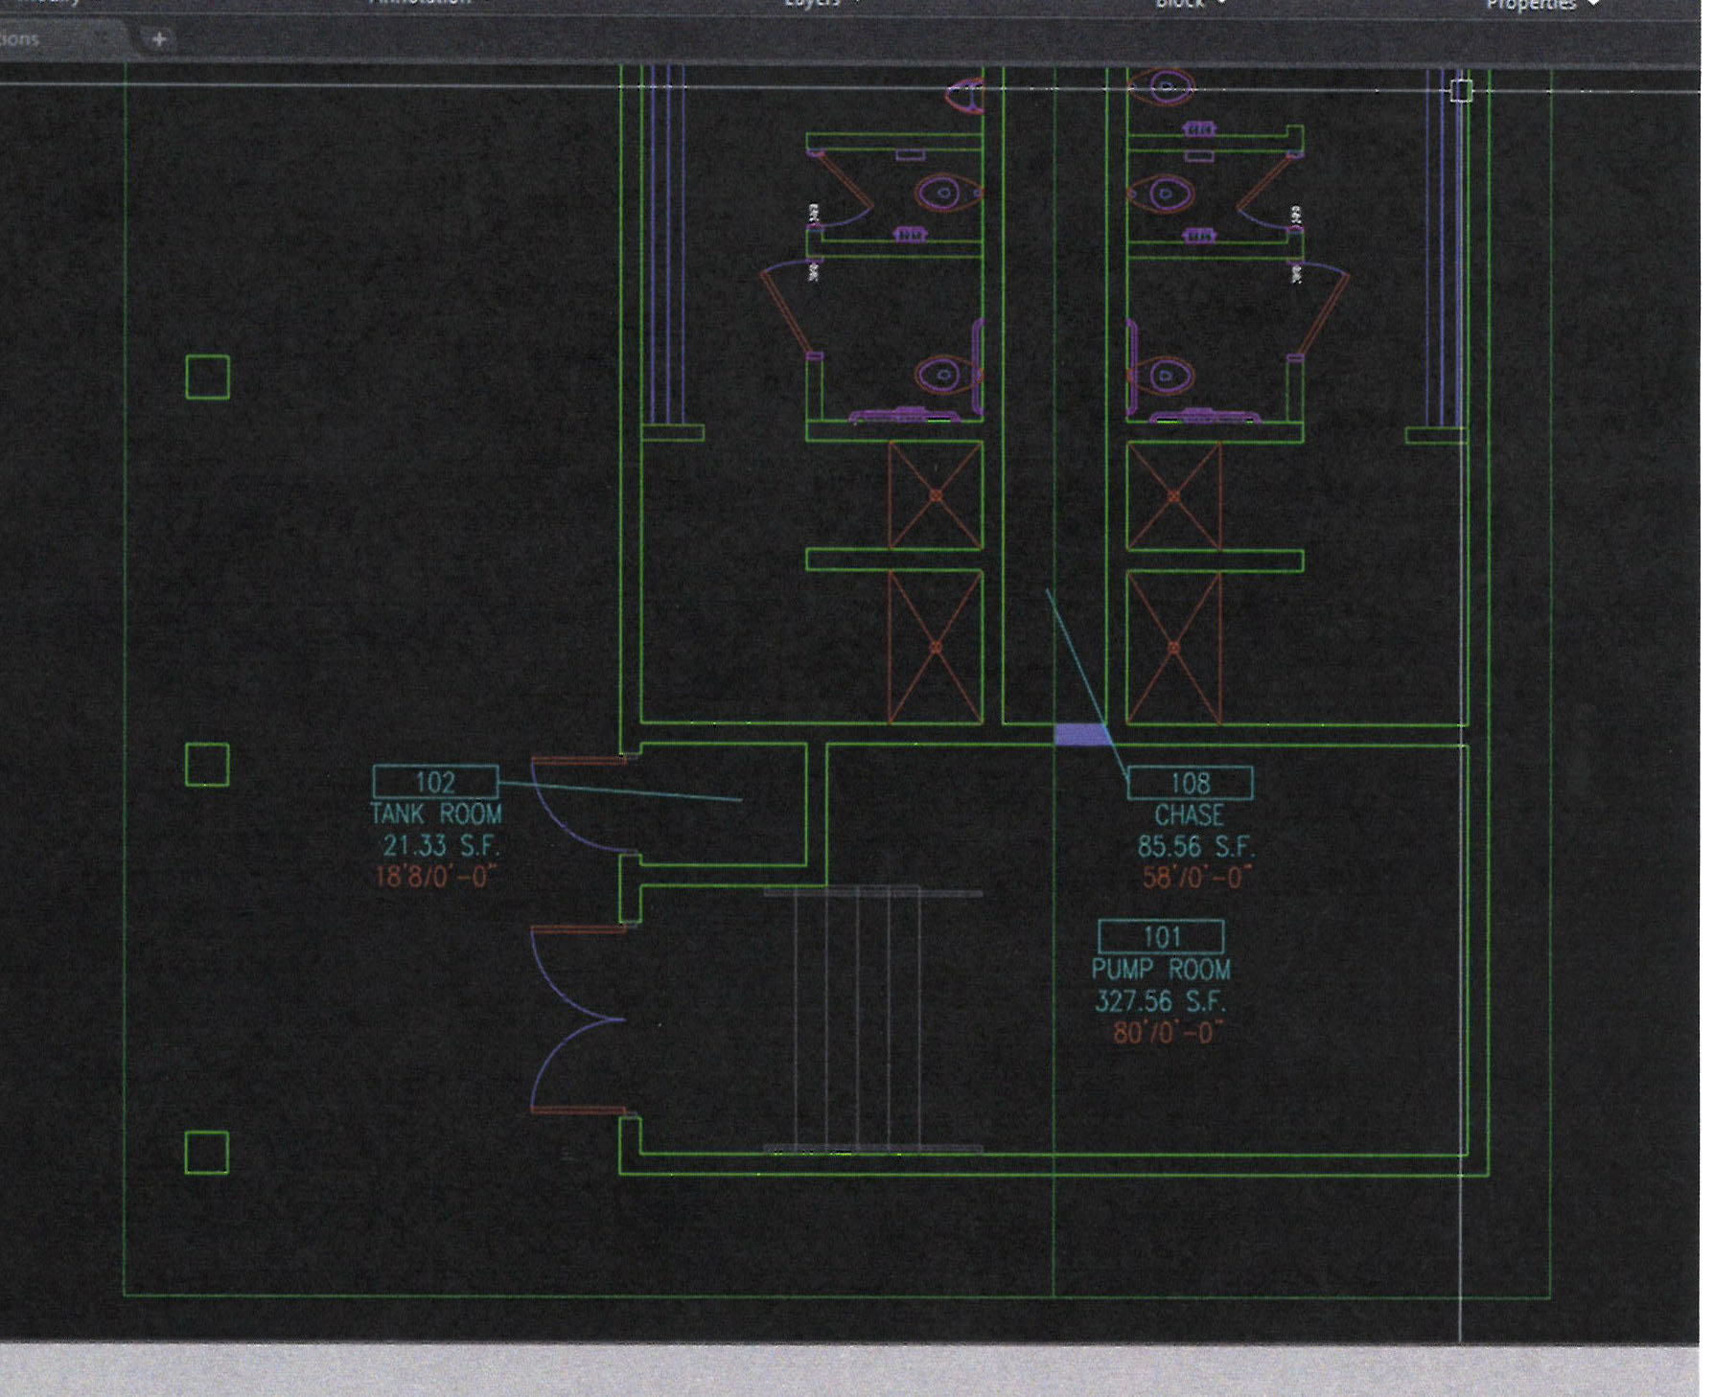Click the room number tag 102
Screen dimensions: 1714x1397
435,782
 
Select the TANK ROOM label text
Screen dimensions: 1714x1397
435,814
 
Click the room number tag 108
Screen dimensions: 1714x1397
1190,783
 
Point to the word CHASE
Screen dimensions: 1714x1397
1189,815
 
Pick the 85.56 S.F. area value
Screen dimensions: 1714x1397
1195,847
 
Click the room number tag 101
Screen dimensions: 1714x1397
1161,936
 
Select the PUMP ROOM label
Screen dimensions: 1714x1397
1160,969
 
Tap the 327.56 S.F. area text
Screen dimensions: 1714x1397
1160,1001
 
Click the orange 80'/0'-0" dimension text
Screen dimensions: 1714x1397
1168,1033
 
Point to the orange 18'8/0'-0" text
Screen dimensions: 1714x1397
436,877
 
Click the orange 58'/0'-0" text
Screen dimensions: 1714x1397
1196,878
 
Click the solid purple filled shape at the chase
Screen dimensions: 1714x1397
1080,735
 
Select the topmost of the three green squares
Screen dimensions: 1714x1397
207,377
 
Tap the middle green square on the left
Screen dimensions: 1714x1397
207,765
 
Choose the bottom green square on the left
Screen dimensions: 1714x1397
207,1153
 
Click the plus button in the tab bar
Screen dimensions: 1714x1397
159,39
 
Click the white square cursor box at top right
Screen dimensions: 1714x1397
1460,91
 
